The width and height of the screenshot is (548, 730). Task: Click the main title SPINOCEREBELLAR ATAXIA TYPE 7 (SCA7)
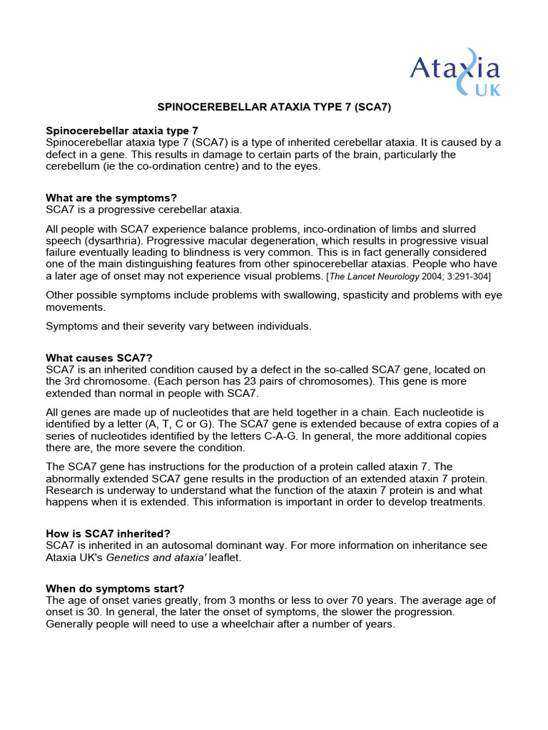point(274,108)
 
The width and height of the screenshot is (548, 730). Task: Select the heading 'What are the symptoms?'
point(111,197)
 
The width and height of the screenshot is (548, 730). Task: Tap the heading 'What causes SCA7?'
point(99,358)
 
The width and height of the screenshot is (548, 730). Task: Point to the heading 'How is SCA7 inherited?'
point(108,533)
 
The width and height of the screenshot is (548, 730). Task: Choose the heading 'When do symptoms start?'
point(115,589)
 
